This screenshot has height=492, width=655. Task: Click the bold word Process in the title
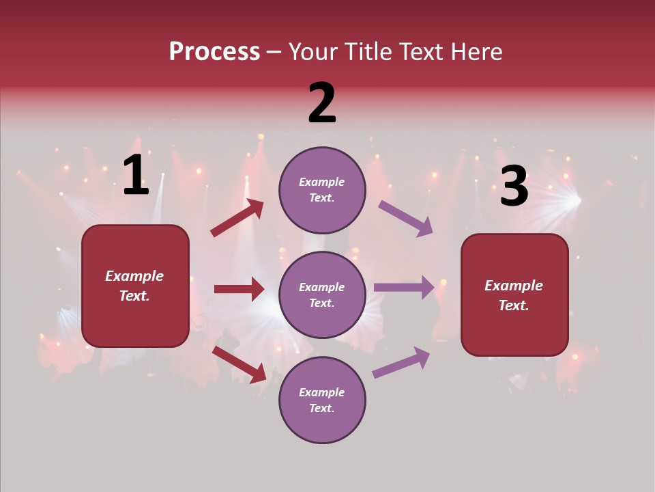tap(214, 52)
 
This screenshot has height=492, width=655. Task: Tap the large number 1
tap(136, 176)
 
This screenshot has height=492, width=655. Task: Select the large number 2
tap(322, 103)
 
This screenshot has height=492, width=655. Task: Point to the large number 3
tap(514, 187)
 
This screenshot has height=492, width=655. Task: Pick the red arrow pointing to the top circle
tap(237, 218)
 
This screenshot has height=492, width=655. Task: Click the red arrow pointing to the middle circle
tap(239, 289)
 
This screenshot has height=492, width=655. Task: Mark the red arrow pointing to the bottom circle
tap(239, 364)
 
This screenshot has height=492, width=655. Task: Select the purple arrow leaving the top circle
tap(405, 218)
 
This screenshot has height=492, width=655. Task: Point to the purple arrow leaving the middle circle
tap(404, 287)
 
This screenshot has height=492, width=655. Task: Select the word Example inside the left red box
tap(134, 276)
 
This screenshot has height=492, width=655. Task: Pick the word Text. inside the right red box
tap(514, 305)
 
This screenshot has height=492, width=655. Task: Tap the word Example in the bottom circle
tap(322, 392)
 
